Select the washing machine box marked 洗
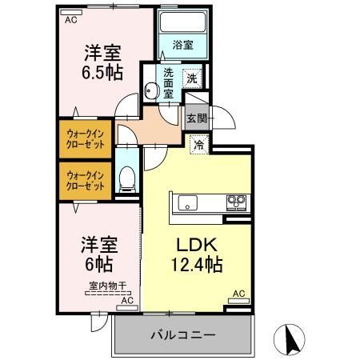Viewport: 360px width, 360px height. point(192,78)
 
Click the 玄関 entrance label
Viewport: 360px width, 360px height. point(196,118)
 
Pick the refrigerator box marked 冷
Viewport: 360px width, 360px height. point(198,145)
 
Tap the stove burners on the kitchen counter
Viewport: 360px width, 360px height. point(236,201)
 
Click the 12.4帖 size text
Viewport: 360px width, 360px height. point(195,266)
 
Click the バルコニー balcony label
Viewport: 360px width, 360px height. point(183,335)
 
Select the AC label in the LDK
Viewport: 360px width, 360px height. point(238,294)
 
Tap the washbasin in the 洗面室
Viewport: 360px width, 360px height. point(152,90)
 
